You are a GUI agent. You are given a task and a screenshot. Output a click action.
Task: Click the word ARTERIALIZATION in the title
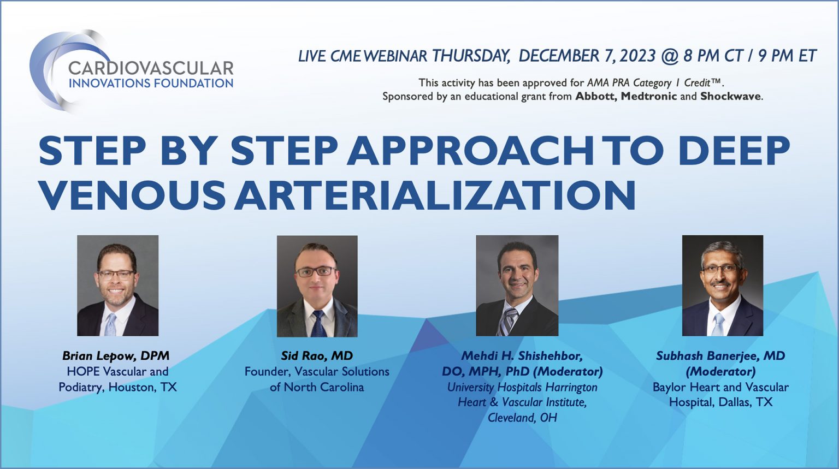point(435,195)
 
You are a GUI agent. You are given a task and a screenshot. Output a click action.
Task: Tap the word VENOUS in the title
point(132,195)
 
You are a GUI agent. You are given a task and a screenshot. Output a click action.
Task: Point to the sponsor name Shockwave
point(730,97)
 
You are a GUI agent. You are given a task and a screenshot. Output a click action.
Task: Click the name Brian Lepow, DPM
point(116,356)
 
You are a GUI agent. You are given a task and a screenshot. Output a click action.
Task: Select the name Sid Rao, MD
point(317,356)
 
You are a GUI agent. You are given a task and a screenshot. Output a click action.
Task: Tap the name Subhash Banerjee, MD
point(720,356)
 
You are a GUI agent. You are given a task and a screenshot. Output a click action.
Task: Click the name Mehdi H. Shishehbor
point(522,356)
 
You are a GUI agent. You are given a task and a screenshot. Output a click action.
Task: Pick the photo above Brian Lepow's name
point(117,285)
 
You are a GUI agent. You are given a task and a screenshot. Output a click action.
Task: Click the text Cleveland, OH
point(522,418)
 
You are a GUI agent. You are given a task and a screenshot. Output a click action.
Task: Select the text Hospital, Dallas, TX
point(720,402)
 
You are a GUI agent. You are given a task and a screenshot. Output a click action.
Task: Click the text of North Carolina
point(317,387)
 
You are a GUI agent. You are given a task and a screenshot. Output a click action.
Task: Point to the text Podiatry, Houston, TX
point(117,387)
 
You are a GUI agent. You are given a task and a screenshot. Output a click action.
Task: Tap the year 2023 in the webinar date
point(637,56)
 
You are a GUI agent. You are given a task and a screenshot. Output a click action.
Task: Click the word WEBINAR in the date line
point(395,56)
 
